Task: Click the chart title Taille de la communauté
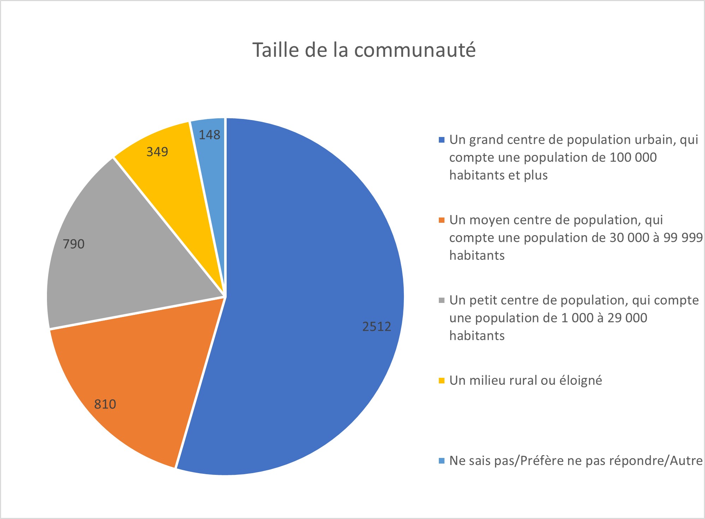click(x=364, y=50)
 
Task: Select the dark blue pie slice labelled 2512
click(x=311, y=282)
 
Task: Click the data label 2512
click(x=377, y=327)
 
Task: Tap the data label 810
click(x=105, y=404)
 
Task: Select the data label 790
click(x=73, y=244)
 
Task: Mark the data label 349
click(x=157, y=152)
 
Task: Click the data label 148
click(x=209, y=135)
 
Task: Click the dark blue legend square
click(x=441, y=140)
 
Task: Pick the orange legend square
click(x=441, y=220)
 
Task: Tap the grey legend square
click(x=441, y=300)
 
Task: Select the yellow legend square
click(x=441, y=381)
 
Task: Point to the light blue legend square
click(x=441, y=461)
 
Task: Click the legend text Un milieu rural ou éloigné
click(x=526, y=381)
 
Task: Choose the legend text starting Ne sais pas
click(x=576, y=461)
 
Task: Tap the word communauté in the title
click(x=415, y=50)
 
